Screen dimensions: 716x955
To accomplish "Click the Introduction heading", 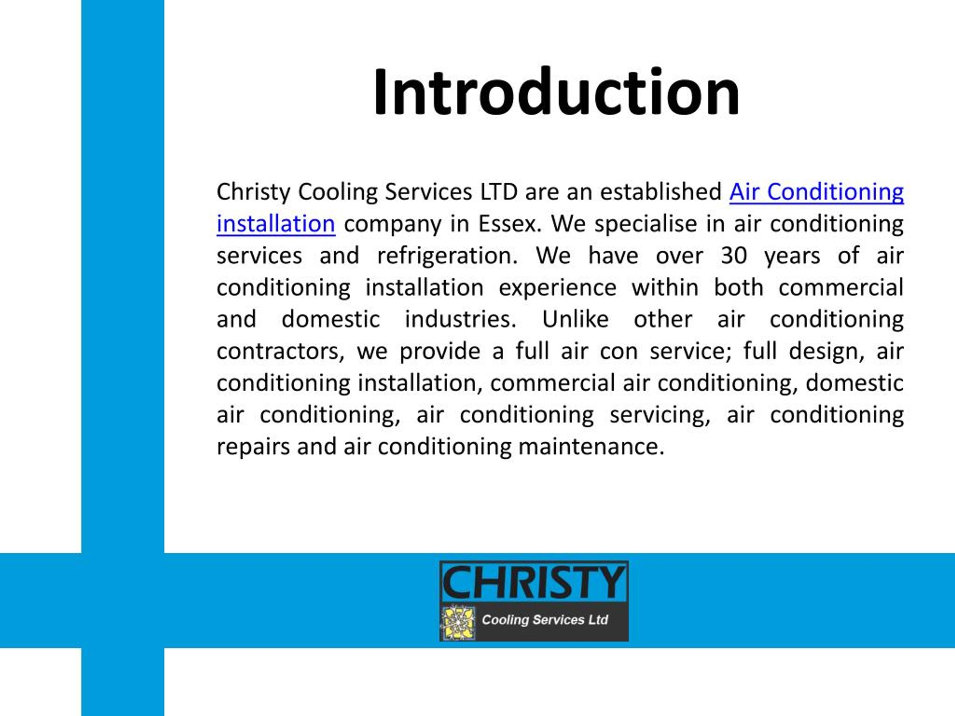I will point(557,93).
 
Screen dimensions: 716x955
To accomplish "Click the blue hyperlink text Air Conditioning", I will point(816,192).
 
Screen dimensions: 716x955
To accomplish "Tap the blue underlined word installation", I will point(276,224).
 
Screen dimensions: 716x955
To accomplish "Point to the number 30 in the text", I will point(734,256).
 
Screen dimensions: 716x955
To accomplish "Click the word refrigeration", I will point(448,256).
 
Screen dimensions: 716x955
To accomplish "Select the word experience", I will point(558,288).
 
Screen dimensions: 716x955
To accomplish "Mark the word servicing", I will point(660,415).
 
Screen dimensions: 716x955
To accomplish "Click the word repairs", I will point(253,447).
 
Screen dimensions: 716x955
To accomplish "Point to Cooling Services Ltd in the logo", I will point(545,620).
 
